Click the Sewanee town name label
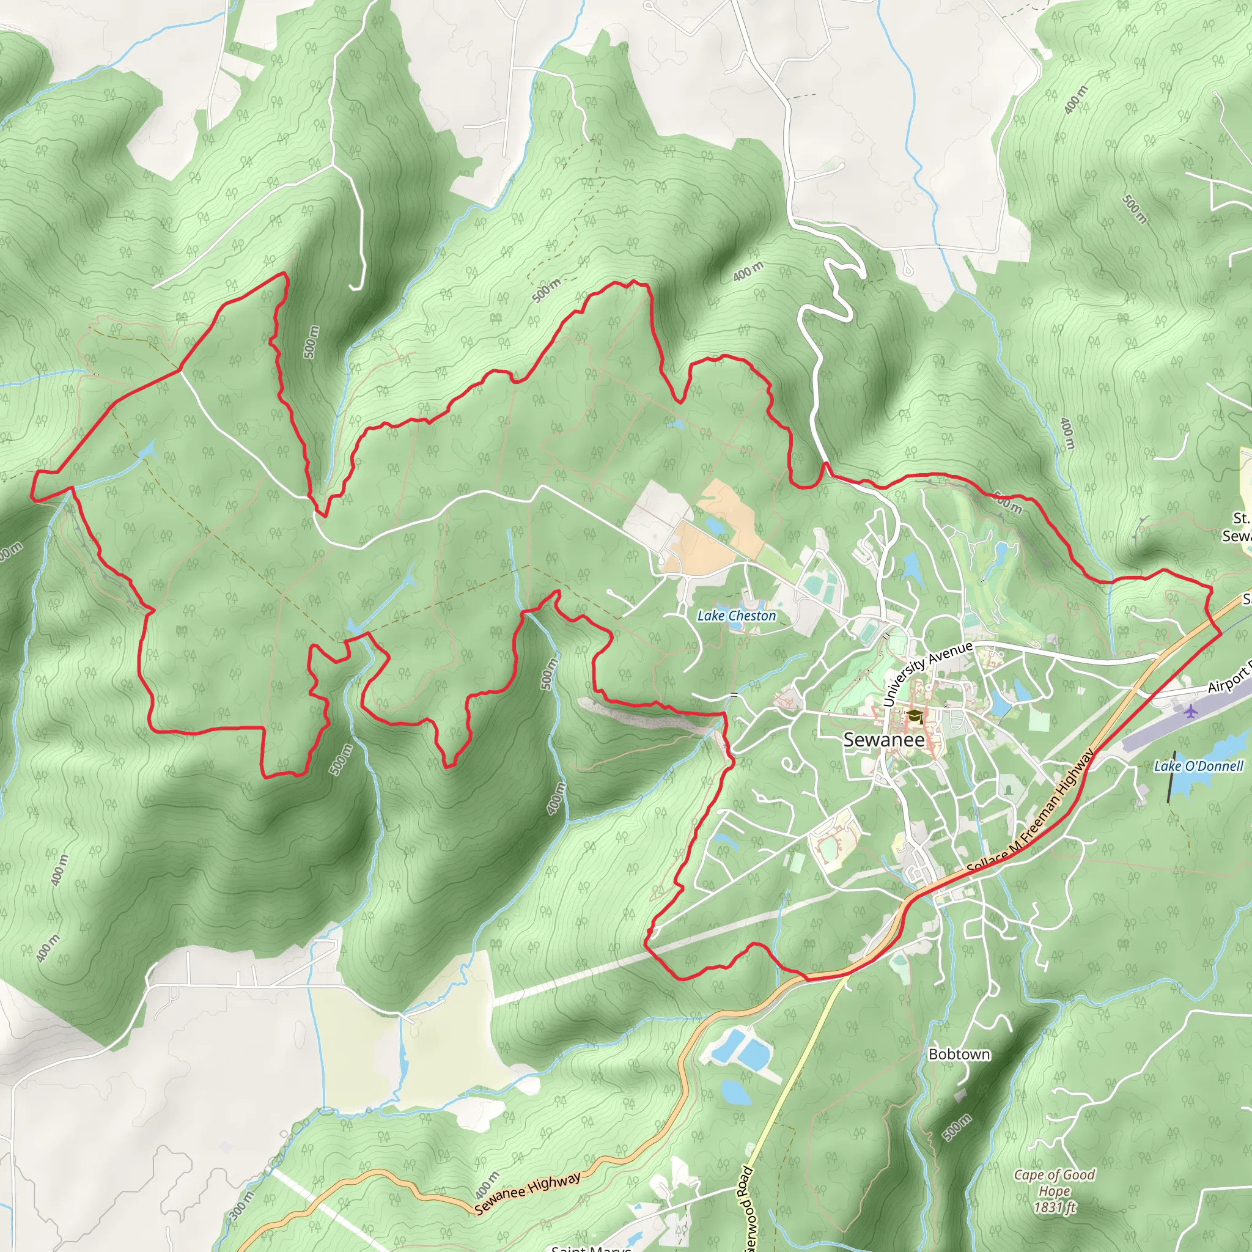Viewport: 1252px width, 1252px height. (883, 740)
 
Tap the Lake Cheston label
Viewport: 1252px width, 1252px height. (736, 616)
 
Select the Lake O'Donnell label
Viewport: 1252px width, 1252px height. (1198, 766)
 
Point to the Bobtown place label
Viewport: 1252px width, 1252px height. (959, 1055)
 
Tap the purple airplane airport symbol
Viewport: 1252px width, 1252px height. (1190, 712)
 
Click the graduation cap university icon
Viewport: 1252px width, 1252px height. (913, 716)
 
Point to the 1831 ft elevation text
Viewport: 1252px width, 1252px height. (1055, 1207)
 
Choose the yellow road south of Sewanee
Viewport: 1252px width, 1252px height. (797, 1069)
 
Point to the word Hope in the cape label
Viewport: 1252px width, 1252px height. (1054, 1190)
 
